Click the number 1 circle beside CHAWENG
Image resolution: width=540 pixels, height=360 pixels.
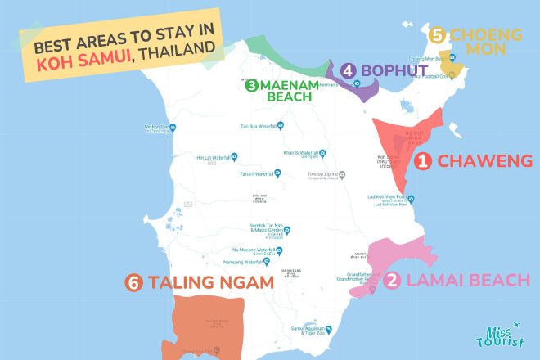point(423,162)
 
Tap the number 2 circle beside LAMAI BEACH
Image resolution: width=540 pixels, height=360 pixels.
point(393,281)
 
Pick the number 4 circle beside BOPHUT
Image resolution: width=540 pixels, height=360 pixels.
point(349,71)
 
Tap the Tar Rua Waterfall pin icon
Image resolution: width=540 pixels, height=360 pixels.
point(281,126)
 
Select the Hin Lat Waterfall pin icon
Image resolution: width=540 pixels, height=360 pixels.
point(235,156)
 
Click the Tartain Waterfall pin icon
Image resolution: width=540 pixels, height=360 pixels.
point(277,173)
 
